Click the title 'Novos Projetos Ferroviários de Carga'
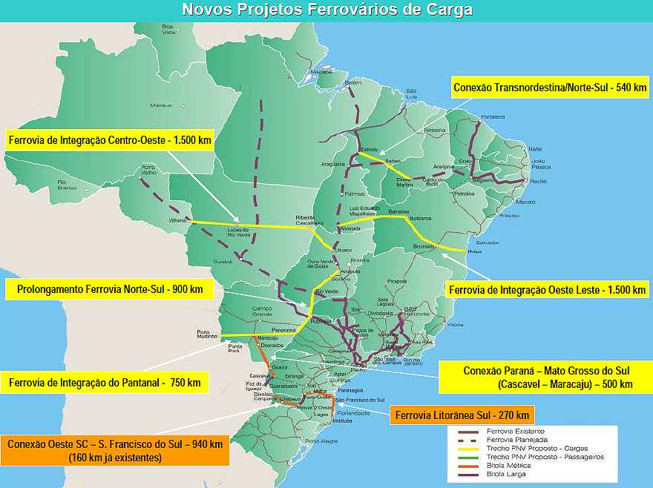[326, 10]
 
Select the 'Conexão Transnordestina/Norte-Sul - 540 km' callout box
[549, 88]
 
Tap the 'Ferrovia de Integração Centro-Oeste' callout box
[109, 140]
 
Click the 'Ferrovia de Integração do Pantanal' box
[105, 383]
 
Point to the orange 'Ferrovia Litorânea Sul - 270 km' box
[462, 415]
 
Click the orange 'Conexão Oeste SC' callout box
[114, 451]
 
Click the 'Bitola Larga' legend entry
[505, 474]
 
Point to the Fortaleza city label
[493, 116]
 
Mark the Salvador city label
[487, 243]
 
